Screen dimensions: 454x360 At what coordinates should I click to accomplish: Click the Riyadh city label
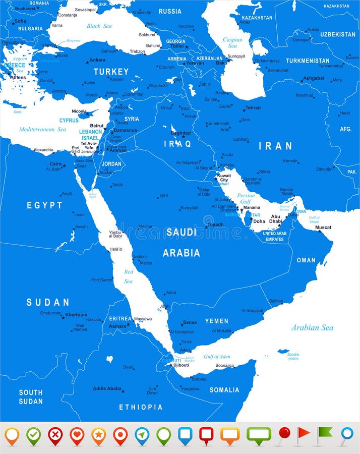pyautogui.click(x=215, y=224)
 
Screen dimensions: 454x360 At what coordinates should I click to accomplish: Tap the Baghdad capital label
pyautogui.click(x=181, y=133)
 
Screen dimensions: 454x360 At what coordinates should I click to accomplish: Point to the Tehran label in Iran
pyautogui.click(x=253, y=108)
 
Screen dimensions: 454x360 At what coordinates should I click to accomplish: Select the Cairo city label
pyautogui.click(x=55, y=164)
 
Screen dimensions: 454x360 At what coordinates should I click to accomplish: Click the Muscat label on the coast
pyautogui.click(x=323, y=228)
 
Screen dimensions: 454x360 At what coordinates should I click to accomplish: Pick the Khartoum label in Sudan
pyautogui.click(x=76, y=315)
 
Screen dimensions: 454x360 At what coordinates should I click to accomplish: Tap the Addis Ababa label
pyautogui.click(x=107, y=388)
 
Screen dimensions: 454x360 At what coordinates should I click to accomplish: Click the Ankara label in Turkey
pyautogui.click(x=97, y=60)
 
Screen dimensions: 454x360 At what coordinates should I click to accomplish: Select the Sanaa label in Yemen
pyautogui.click(x=190, y=322)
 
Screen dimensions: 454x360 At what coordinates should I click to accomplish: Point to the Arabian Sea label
pyautogui.click(x=312, y=328)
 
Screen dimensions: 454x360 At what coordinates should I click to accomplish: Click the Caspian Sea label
pyautogui.click(x=233, y=42)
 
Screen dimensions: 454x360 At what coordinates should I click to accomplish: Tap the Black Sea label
pyautogui.click(x=99, y=26)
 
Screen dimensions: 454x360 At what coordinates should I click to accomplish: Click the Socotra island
pyautogui.click(x=283, y=352)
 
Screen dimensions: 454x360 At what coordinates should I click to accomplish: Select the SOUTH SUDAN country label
pyautogui.click(x=31, y=396)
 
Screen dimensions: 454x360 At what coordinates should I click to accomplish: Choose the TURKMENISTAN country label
pyautogui.click(x=308, y=61)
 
